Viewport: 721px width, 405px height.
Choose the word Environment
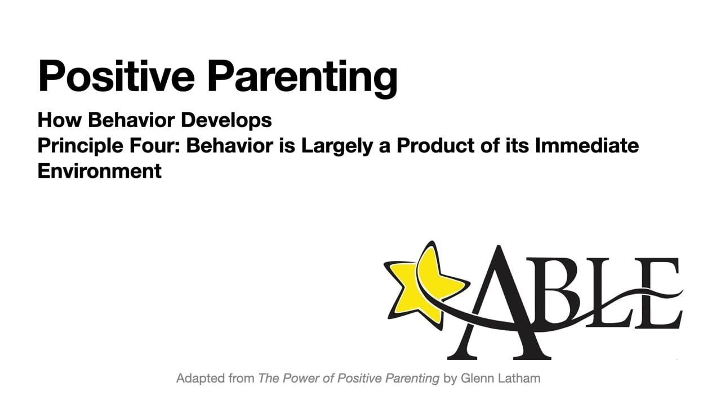tap(99, 170)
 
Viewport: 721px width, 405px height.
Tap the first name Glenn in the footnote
tap(477, 379)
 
